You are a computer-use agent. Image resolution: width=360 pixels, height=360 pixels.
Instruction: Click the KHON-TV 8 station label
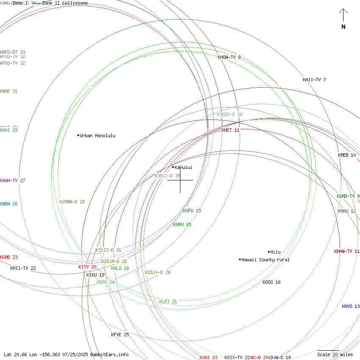(229, 57)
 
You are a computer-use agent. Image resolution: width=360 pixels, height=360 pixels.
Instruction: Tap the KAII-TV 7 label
(314, 80)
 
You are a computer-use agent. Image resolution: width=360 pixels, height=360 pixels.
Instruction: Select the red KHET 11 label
(230, 130)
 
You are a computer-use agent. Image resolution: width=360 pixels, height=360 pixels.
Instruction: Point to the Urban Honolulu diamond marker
(78, 136)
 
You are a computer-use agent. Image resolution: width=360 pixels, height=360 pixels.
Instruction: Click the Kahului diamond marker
(173, 167)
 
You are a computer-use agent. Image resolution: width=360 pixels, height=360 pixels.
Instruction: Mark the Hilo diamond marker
(269, 252)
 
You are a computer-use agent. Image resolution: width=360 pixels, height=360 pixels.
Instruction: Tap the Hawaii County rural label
(266, 260)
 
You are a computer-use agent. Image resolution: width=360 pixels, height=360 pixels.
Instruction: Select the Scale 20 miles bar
(329, 351)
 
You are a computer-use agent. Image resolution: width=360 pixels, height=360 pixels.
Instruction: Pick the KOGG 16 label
(271, 282)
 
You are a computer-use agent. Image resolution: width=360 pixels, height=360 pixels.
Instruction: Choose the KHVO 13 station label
(351, 306)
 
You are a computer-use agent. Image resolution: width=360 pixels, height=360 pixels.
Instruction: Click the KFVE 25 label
(120, 335)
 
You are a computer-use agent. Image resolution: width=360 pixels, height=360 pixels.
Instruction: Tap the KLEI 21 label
(168, 302)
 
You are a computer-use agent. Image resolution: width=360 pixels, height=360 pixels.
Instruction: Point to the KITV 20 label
(87, 267)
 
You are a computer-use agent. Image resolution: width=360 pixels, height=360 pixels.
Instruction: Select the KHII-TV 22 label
(23, 268)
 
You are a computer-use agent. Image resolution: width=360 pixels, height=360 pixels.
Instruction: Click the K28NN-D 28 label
(72, 202)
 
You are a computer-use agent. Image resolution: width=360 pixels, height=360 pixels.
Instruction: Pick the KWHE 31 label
(9, 91)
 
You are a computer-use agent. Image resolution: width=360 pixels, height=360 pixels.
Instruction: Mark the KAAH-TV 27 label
(13, 180)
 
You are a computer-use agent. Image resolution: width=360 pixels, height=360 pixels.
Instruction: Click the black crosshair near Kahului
(180, 180)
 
